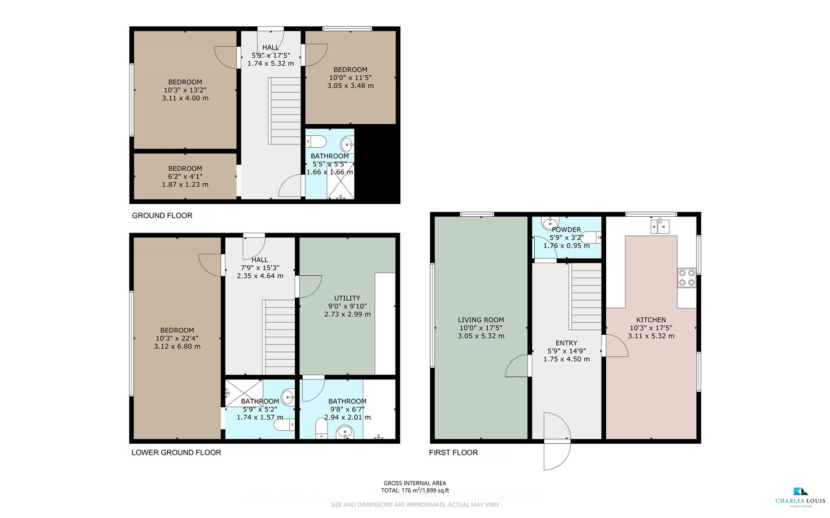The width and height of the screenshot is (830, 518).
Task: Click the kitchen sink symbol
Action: (x=660, y=225)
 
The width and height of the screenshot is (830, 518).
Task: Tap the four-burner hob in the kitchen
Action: (x=686, y=278)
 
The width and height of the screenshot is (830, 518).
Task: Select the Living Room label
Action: (x=481, y=328)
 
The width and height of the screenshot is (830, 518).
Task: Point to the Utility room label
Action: (x=347, y=306)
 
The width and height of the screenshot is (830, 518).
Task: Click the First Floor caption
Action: (x=453, y=452)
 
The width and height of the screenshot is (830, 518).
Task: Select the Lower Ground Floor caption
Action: (x=176, y=452)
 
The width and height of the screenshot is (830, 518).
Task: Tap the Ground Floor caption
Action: (x=162, y=215)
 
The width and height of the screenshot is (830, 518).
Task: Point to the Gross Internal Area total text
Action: (x=415, y=487)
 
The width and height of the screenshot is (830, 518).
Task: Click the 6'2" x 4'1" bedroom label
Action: (x=185, y=176)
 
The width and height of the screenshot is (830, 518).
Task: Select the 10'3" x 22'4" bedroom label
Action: (x=177, y=338)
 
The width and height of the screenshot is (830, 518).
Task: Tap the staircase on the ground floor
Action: (x=285, y=111)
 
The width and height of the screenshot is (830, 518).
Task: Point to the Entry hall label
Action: (x=566, y=351)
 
